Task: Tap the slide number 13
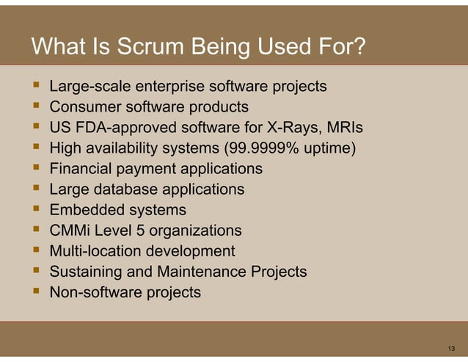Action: pyautogui.click(x=451, y=347)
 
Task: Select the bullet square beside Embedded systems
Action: pyautogui.click(x=34, y=210)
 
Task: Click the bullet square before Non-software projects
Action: pyautogui.click(x=34, y=292)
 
